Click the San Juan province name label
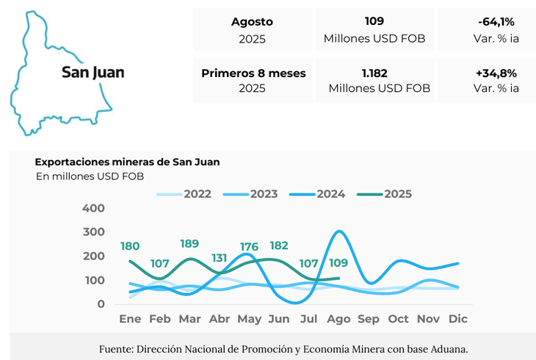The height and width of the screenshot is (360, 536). pos(93,72)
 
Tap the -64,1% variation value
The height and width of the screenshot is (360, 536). pos(496,21)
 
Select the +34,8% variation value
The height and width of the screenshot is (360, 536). pos(496,73)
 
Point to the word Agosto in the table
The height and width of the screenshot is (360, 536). pos(252,21)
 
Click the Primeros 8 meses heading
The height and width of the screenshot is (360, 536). pos(253,73)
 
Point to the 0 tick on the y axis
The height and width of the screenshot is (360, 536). pos(101,304)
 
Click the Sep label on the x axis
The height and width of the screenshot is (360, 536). pos(368,320)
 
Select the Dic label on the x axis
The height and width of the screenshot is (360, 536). pos(458,320)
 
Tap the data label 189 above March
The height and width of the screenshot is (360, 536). pos(189,244)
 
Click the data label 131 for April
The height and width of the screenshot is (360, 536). pos(220,258)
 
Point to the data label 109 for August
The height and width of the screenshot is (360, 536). pos(338,263)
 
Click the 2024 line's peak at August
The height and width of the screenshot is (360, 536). pos(338,231)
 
